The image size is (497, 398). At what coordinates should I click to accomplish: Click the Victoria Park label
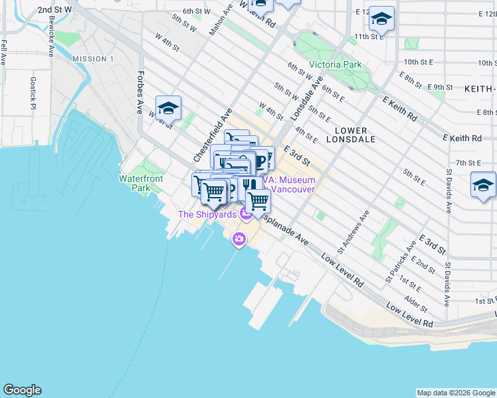pyautogui.click(x=335, y=65)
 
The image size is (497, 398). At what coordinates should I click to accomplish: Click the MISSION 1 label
pyautogui.click(x=93, y=59)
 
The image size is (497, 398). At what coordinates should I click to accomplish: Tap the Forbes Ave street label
pyautogui.click(x=141, y=92)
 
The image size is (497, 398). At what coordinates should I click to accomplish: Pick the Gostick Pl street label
pyautogui.click(x=33, y=92)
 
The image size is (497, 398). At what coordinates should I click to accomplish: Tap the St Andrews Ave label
pyautogui.click(x=353, y=233)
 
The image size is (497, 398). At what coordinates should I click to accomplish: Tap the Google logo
pyautogui.click(x=22, y=390)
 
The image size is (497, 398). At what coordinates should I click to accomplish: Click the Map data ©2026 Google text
pyautogui.click(x=456, y=393)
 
